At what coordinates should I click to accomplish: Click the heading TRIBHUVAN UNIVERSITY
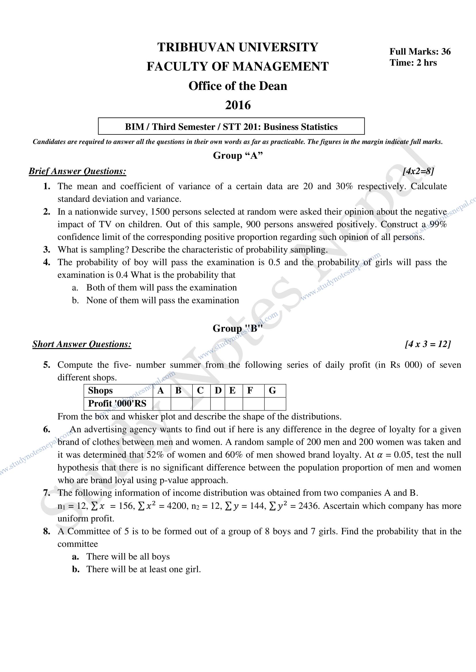(x=238, y=47)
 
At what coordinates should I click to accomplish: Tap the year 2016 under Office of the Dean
(x=238, y=105)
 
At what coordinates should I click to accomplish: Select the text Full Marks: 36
(x=420, y=51)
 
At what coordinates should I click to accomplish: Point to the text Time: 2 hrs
(x=413, y=63)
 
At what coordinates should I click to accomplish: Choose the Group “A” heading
(x=238, y=155)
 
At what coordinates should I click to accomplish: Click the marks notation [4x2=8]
(x=418, y=171)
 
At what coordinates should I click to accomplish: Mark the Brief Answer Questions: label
(x=77, y=171)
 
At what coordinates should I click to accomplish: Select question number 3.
(x=47, y=250)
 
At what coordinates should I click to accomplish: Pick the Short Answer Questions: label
(x=82, y=344)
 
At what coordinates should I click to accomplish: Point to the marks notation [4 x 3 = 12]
(x=428, y=344)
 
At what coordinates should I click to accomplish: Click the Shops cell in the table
(x=100, y=390)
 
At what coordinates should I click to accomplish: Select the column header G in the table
(x=272, y=390)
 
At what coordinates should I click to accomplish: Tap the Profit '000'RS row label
(x=117, y=403)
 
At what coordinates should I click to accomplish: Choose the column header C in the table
(x=200, y=390)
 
